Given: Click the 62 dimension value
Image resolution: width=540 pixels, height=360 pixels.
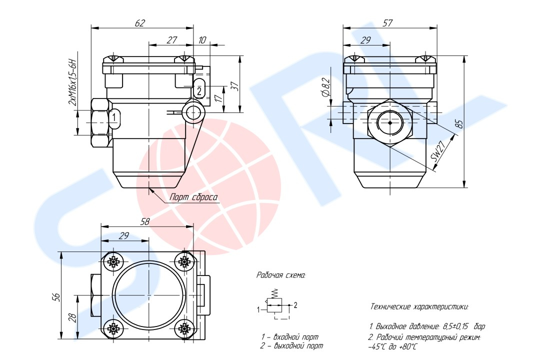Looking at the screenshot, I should pyautogui.click(x=140, y=23).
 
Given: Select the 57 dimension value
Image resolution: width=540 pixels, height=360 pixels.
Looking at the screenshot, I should pyautogui.click(x=387, y=23).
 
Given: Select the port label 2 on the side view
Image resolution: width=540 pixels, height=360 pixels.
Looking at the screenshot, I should pyautogui.click(x=199, y=90).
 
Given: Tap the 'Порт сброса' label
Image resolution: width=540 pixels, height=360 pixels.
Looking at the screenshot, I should pyautogui.click(x=194, y=197).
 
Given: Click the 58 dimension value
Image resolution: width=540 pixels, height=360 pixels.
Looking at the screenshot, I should pyautogui.click(x=145, y=221).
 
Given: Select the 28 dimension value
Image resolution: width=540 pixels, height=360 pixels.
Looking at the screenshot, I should pyautogui.click(x=72, y=317).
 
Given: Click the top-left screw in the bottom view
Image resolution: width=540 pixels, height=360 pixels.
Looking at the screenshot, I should pyautogui.click(x=114, y=261).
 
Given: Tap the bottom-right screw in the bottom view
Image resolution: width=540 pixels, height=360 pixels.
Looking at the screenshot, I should pyautogui.click(x=185, y=328).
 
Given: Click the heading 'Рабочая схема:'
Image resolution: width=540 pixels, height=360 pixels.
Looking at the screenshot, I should pyautogui.click(x=280, y=275).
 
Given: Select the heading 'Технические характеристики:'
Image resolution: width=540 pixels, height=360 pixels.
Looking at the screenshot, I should pyautogui.click(x=419, y=306).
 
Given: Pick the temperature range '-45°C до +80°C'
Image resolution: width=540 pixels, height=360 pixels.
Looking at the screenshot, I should pyautogui.click(x=392, y=346).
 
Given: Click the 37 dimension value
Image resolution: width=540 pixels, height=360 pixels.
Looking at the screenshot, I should pyautogui.click(x=233, y=85).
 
